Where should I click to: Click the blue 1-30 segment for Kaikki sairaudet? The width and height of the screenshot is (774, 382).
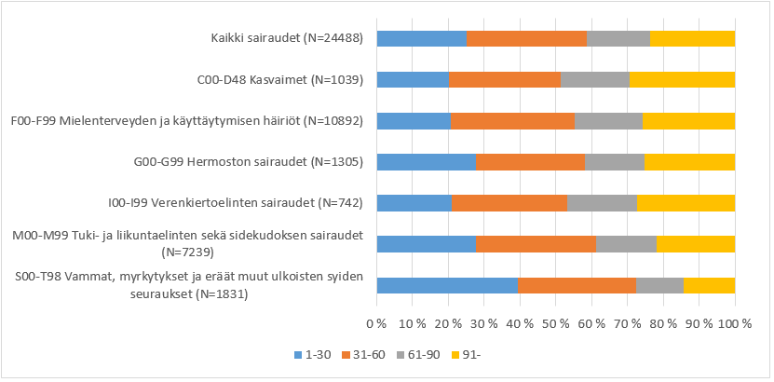click(x=421, y=38)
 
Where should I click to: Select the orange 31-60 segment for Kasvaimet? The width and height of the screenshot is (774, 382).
click(x=504, y=79)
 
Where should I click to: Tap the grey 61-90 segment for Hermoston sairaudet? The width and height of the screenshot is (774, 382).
click(x=614, y=161)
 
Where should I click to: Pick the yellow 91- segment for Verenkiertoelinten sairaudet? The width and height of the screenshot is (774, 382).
click(x=686, y=202)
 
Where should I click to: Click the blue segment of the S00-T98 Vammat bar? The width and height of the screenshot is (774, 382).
click(x=447, y=285)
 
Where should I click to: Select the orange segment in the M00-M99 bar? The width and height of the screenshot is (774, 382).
click(x=536, y=243)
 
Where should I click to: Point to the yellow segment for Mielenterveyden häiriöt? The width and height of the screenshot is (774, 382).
click(x=688, y=120)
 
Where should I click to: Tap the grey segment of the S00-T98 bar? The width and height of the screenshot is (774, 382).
click(x=659, y=285)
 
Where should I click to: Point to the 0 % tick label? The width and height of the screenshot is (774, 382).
click(x=377, y=322)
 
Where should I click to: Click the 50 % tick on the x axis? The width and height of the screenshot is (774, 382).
click(x=556, y=322)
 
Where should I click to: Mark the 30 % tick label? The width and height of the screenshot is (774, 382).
click(x=484, y=322)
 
